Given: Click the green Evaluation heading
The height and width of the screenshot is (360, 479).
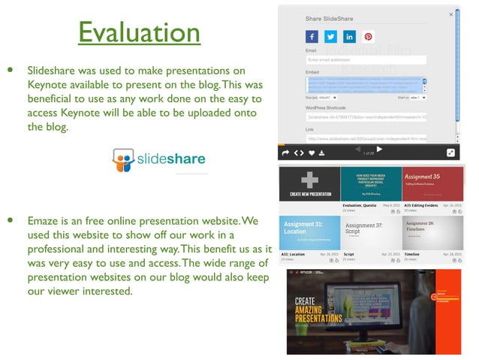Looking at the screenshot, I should point(139,33).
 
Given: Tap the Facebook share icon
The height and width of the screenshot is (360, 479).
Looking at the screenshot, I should point(312,36).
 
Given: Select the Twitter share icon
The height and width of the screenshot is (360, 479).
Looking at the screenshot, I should point(330,36).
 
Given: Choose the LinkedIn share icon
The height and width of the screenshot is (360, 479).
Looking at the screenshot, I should point(349,36).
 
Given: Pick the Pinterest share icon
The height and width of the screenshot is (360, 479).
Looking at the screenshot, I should point(368,36).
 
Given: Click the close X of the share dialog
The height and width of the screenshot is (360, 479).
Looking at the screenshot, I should point(450,14).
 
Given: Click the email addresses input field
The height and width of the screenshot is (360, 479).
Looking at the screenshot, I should point(366,59).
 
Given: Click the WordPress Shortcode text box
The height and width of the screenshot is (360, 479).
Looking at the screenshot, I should point(366,117).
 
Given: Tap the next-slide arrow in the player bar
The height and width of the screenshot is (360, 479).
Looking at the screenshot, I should point(379,150).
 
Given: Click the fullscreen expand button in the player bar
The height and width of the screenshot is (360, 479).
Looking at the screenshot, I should point(450,153).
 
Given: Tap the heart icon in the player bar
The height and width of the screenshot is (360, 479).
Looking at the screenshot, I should point(311,153).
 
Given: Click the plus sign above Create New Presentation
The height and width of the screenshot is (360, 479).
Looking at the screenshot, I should point(309,180).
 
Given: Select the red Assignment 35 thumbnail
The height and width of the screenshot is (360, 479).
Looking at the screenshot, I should point(432,184).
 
